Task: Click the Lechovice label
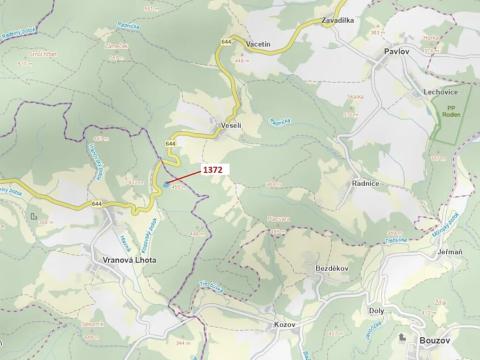point(425,90)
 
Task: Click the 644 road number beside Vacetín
point(227,41)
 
